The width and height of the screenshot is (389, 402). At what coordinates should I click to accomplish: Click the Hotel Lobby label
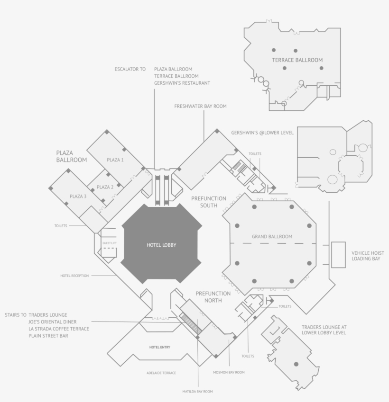tap(161, 245)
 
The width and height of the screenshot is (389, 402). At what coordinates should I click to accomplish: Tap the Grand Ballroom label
tap(272, 237)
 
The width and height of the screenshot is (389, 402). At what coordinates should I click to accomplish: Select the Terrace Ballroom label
tap(297, 60)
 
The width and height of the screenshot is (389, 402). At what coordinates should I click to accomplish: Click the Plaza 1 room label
tap(115, 160)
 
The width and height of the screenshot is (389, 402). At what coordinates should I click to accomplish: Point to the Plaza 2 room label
tap(105, 187)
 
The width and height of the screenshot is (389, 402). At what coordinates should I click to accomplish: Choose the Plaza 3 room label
tap(78, 197)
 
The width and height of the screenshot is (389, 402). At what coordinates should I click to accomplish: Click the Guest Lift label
tap(110, 243)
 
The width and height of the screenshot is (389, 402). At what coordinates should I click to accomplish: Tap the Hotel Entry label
tap(160, 347)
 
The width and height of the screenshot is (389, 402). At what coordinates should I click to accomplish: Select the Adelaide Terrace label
tap(161, 373)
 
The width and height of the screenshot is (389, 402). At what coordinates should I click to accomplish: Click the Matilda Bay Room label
tap(197, 392)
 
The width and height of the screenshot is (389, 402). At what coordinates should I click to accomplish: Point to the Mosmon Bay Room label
tap(229, 372)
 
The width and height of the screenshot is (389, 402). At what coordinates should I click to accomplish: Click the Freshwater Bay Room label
tap(200, 106)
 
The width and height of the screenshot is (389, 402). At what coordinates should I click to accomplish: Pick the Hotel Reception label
tap(74, 276)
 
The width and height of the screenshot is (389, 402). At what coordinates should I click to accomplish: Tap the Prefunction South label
tap(209, 202)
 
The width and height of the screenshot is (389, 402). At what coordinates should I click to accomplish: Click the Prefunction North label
tap(213, 297)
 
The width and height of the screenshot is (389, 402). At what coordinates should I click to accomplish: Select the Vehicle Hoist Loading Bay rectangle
tap(338, 255)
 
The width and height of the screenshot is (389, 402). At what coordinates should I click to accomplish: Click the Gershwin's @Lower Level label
tap(262, 133)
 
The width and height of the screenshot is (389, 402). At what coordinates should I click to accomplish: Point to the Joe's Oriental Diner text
tap(52, 322)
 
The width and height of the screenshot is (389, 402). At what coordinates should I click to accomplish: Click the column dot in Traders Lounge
tap(296, 364)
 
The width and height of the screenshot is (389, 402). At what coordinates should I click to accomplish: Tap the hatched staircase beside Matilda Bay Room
tap(191, 323)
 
